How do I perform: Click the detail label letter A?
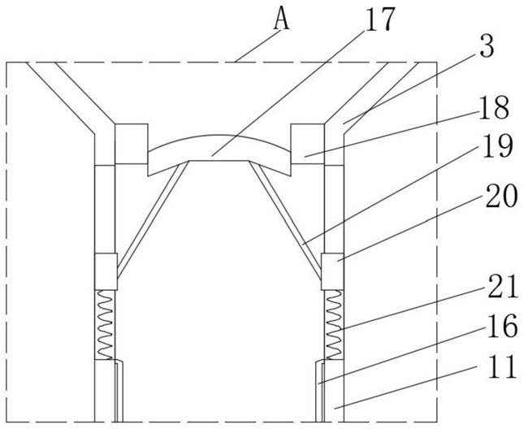(281, 19)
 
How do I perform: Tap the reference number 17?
(380, 19)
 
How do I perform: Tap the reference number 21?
(501, 285)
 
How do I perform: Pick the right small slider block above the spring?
(331, 271)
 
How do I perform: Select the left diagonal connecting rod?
(150, 215)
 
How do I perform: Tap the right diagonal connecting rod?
(288, 215)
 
